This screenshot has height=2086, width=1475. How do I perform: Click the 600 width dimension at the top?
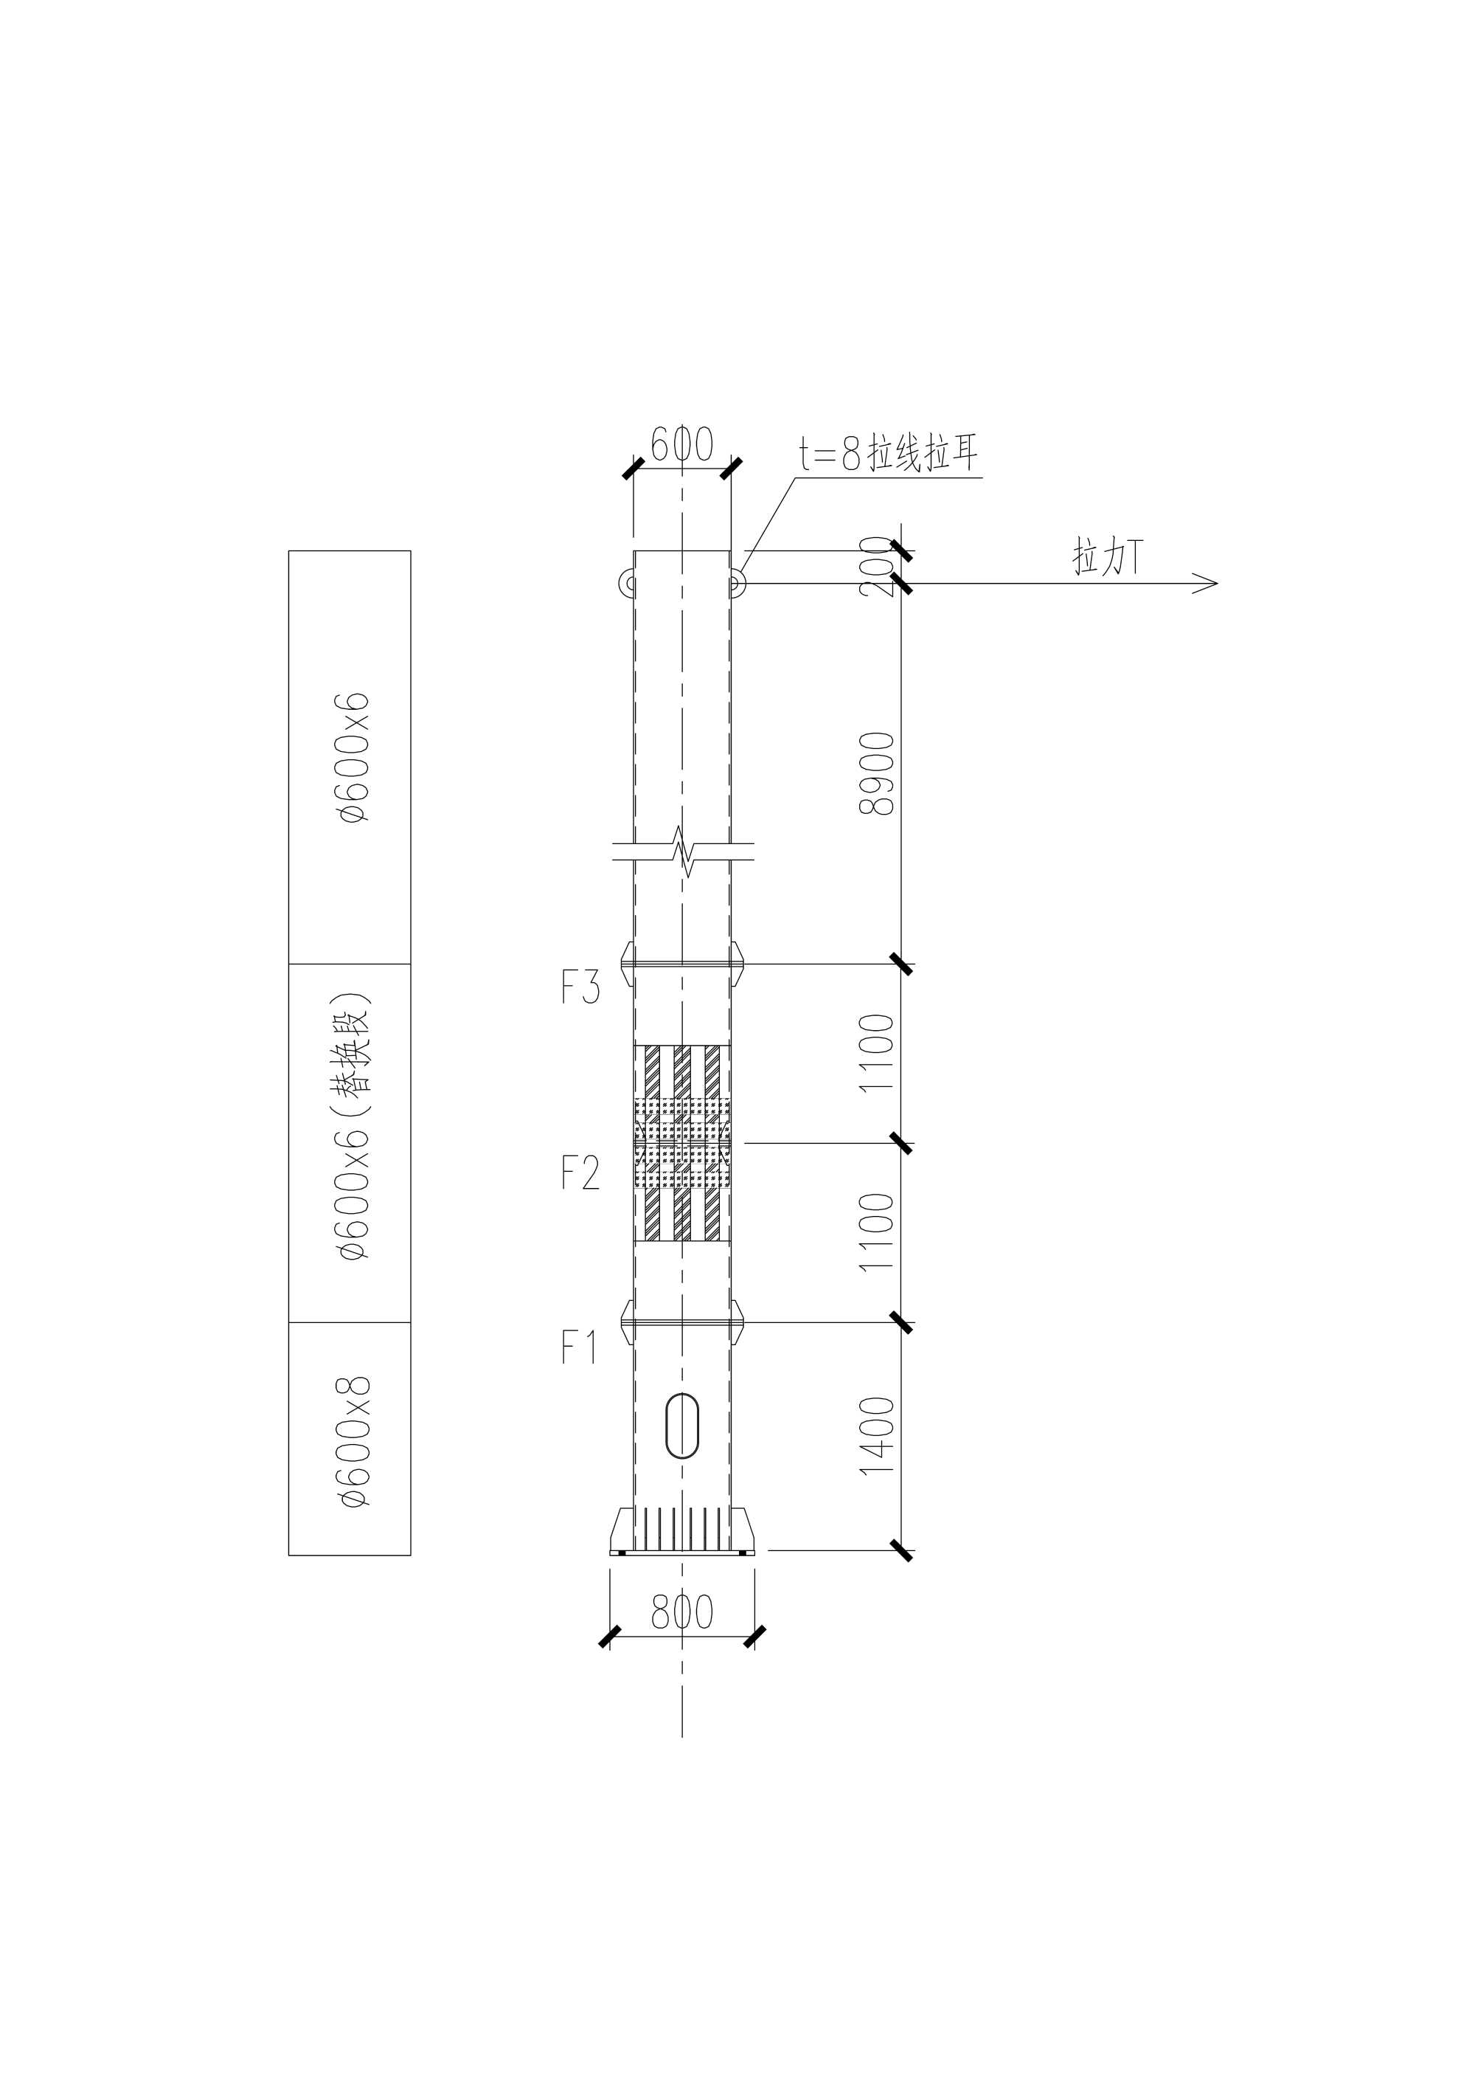[x=682, y=444]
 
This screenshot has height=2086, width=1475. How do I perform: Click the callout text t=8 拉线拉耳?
[x=888, y=455]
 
